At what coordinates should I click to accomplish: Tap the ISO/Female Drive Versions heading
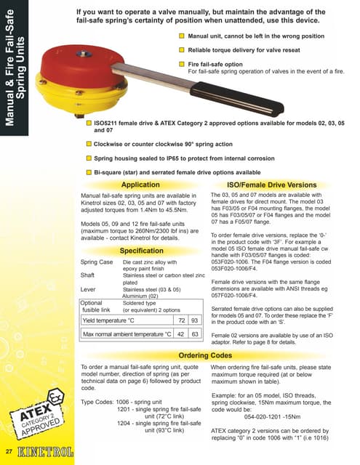pyautogui.click(x=272, y=185)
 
